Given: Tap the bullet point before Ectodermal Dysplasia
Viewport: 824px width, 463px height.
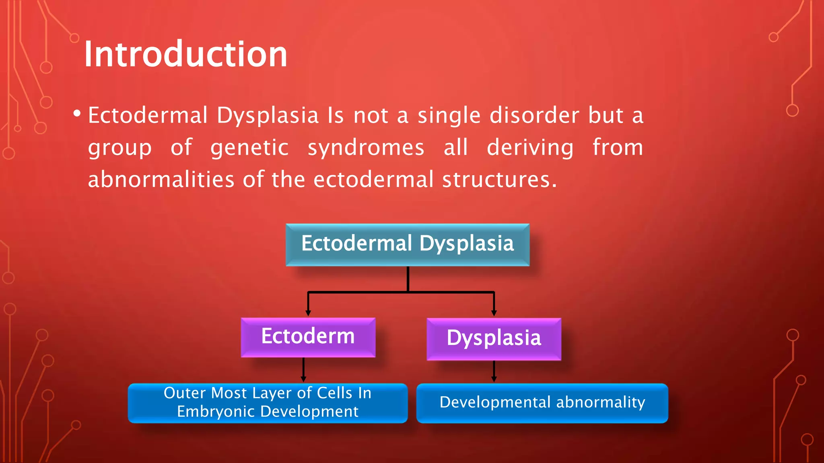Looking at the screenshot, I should coord(77,114).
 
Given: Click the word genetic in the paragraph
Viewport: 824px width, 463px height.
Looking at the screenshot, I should coord(249,148).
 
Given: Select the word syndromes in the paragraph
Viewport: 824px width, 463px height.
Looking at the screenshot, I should coord(366,148).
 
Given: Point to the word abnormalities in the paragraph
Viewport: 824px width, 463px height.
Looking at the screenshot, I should coord(161,179).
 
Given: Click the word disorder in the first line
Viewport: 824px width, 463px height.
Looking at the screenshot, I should coord(534,116).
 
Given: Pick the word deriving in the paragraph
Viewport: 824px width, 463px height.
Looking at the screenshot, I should coord(530,148).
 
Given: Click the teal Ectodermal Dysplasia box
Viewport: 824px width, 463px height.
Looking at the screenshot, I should coord(408,244).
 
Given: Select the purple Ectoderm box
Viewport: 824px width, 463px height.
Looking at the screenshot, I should coord(308,337).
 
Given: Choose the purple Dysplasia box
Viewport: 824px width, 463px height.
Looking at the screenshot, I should coord(494,338).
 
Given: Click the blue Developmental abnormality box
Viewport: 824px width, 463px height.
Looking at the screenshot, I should coord(542,403).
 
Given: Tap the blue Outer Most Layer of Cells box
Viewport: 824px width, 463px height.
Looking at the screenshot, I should coord(268,403).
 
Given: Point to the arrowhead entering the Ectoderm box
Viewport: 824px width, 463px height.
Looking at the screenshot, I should coord(308,313).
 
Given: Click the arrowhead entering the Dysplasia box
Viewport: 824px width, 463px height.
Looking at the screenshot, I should coord(494,313).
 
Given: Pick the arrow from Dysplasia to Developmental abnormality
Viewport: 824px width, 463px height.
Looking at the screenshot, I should coord(494,371).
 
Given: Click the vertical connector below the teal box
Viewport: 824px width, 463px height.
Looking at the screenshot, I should coord(408,279).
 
